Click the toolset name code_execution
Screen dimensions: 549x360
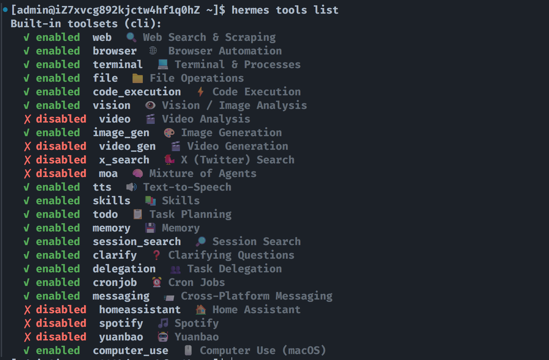(137, 92)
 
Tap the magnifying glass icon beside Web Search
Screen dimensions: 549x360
(131, 37)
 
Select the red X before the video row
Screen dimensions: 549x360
(27, 119)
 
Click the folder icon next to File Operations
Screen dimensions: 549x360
(137, 78)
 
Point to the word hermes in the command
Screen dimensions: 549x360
(250, 10)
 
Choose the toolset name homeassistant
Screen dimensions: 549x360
(140, 310)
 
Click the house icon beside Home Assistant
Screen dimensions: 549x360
(201, 310)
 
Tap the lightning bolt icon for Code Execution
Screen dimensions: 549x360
(201, 92)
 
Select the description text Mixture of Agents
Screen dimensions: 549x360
(203, 173)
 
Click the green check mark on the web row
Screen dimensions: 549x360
(27, 38)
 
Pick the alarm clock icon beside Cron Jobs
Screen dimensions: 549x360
(157, 282)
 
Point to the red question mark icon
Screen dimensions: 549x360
(156, 255)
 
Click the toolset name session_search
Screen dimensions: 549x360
(137, 242)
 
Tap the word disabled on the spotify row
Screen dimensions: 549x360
(61, 323)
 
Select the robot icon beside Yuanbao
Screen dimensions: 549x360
(163, 337)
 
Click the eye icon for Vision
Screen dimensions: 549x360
(150, 105)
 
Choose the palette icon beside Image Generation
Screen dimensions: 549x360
(169, 133)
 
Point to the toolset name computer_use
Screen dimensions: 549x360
(131, 351)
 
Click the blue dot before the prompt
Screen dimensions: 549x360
(5, 10)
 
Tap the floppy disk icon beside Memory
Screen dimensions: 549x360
(150, 228)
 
